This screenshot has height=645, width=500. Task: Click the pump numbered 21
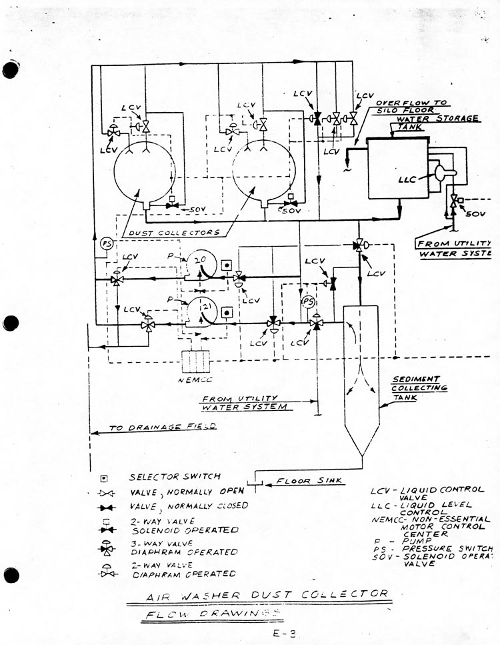198,311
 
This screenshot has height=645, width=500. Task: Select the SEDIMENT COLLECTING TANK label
419,388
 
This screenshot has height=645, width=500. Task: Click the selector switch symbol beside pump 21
227,312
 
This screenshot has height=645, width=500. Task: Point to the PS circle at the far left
105,243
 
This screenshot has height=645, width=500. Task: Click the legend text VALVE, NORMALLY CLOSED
188,506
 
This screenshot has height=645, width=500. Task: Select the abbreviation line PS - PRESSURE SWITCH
433,549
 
